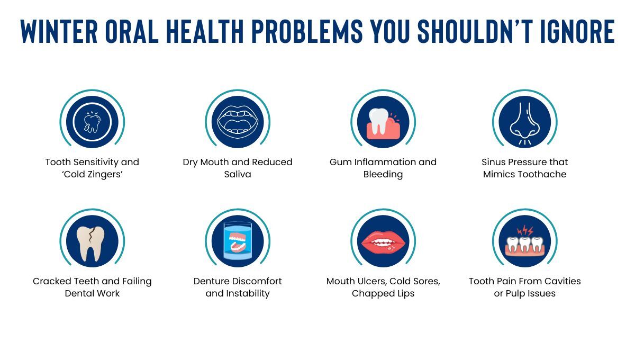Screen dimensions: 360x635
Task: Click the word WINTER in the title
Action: click(59, 32)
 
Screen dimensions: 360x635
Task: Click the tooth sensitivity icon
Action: click(92, 122)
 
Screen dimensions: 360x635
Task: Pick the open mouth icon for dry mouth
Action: click(238, 122)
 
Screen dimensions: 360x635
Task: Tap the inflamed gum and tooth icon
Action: click(383, 122)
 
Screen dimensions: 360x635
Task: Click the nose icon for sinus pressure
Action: click(524, 122)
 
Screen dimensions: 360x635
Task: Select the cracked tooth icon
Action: click(92, 241)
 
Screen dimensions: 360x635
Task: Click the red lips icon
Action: click(383, 241)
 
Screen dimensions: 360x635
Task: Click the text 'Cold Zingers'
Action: click(92, 174)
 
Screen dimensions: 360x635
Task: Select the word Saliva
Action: click(238, 174)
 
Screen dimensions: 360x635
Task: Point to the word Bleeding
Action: click(383, 174)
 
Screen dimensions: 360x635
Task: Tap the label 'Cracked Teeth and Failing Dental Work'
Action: click(92, 287)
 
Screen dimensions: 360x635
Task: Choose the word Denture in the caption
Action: click(213, 281)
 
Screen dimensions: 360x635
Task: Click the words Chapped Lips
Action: click(383, 293)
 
